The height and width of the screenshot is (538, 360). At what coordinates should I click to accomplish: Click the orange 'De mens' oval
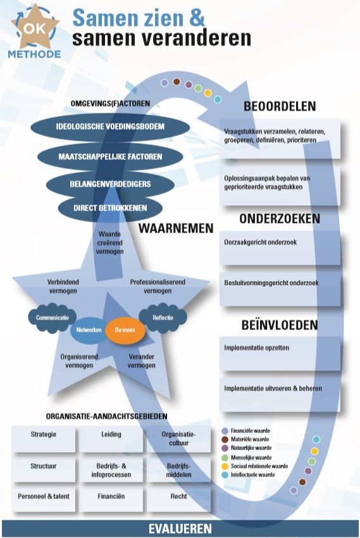pyautogui.click(x=125, y=330)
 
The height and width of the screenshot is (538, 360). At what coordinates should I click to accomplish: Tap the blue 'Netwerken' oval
pyautogui.click(x=88, y=330)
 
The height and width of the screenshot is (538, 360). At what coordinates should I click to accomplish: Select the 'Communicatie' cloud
pyautogui.click(x=52, y=318)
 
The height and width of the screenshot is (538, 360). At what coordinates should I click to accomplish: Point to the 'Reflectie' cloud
pyautogui.click(x=163, y=318)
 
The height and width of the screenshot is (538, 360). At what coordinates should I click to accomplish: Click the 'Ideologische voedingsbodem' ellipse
pyautogui.click(x=110, y=127)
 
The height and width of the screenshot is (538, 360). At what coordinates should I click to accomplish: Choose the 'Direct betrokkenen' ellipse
pyautogui.click(x=110, y=208)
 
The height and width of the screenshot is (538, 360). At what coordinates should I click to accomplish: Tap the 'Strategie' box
pyautogui.click(x=43, y=439)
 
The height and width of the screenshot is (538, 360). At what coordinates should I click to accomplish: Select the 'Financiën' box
pyautogui.click(x=111, y=497)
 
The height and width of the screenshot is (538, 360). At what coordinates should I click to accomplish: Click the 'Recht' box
pyautogui.click(x=178, y=497)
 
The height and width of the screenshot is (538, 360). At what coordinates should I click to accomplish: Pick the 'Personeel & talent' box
pyautogui.click(x=43, y=497)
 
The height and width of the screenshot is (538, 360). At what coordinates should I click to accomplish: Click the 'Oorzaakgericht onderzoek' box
pyautogui.click(x=280, y=247)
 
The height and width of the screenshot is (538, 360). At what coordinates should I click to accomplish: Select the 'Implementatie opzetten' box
pyautogui.click(x=280, y=353)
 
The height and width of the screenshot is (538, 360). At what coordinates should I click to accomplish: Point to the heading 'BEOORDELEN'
pyautogui.click(x=280, y=106)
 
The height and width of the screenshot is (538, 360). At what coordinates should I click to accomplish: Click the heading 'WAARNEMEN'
pyautogui.click(x=176, y=228)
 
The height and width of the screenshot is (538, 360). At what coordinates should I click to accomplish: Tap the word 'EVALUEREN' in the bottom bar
pyautogui.click(x=180, y=529)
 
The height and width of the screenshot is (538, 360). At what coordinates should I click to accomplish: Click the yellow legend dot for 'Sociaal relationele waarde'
pyautogui.click(x=225, y=466)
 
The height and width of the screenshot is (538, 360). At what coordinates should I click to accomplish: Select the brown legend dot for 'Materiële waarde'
pyautogui.click(x=225, y=439)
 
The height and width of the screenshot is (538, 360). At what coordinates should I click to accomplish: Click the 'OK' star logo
pyautogui.click(x=35, y=28)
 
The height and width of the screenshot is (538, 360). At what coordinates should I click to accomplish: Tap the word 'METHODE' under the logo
pyautogui.click(x=34, y=54)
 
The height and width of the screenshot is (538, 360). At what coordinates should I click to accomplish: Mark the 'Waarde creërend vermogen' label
pyautogui.click(x=109, y=243)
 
